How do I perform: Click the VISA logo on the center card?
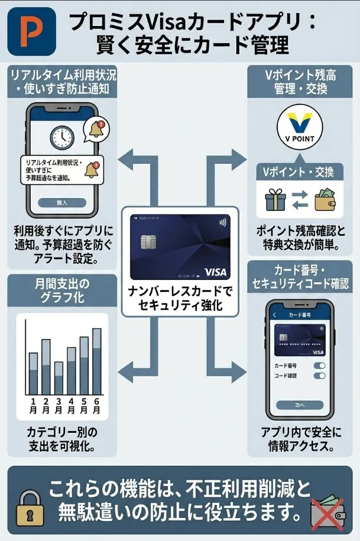(215, 272)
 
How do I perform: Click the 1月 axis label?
(33, 406)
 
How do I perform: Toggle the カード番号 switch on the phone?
(319, 366)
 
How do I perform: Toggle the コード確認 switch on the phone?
(319, 376)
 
